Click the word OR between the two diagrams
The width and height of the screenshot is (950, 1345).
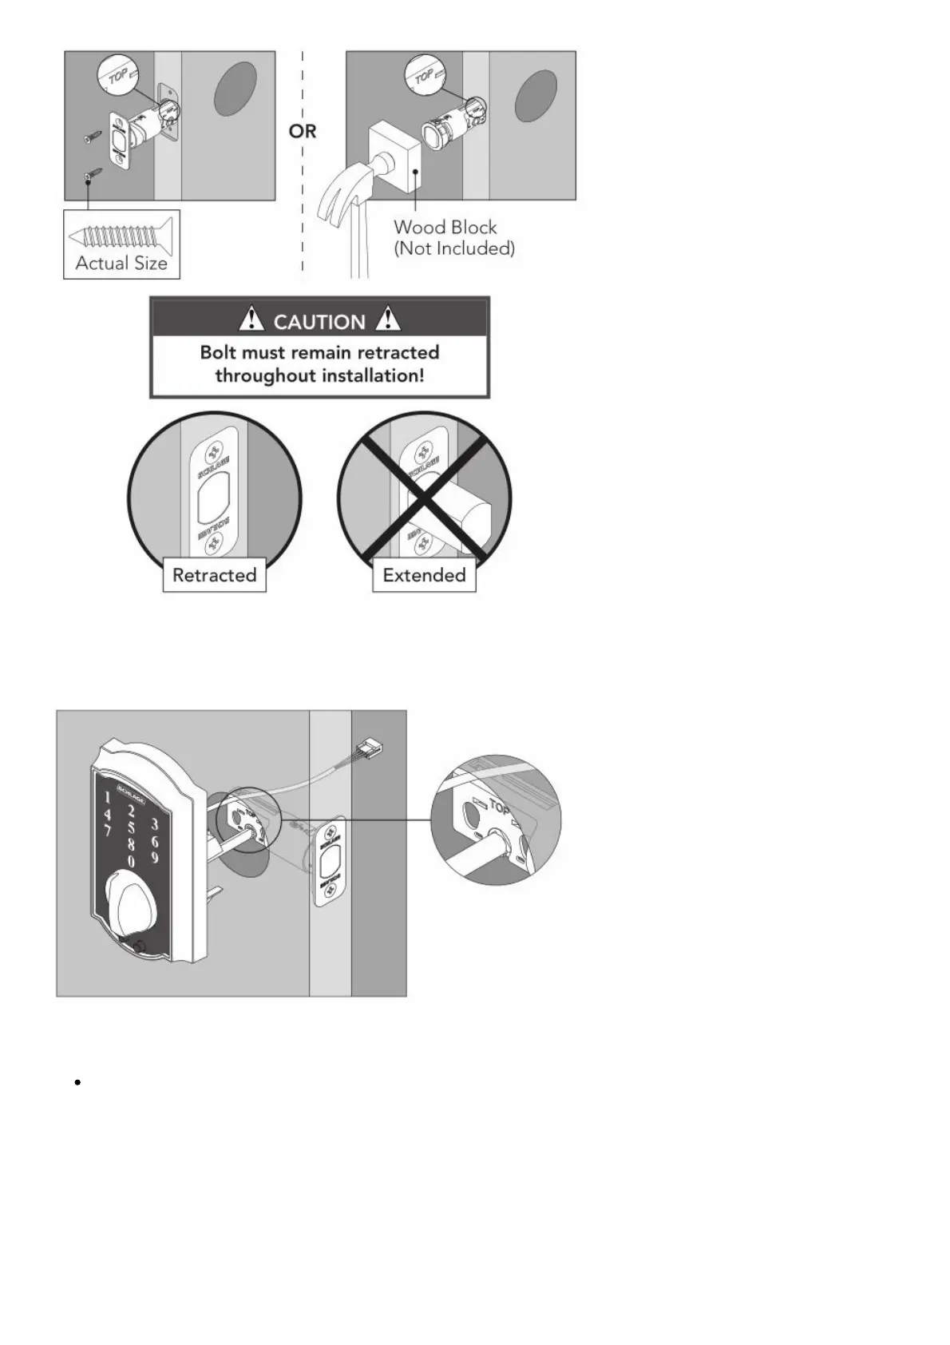click(303, 131)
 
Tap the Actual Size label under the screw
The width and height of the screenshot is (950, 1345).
click(121, 264)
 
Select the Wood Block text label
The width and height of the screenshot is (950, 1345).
click(445, 228)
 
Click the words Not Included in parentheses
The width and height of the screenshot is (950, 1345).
click(454, 248)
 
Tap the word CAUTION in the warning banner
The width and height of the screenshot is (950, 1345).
click(319, 322)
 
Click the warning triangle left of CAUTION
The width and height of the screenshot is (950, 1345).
click(251, 319)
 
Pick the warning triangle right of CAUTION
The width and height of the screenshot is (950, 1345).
click(388, 319)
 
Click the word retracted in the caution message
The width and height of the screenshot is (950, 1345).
click(398, 353)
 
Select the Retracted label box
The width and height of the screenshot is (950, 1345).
click(214, 575)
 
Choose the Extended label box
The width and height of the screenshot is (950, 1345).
click(424, 575)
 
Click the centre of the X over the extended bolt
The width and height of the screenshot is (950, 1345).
click(424, 498)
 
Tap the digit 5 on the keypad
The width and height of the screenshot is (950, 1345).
click(131, 828)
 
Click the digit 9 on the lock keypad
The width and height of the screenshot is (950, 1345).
click(155, 859)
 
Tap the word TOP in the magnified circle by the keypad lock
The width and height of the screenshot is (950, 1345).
click(498, 807)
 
